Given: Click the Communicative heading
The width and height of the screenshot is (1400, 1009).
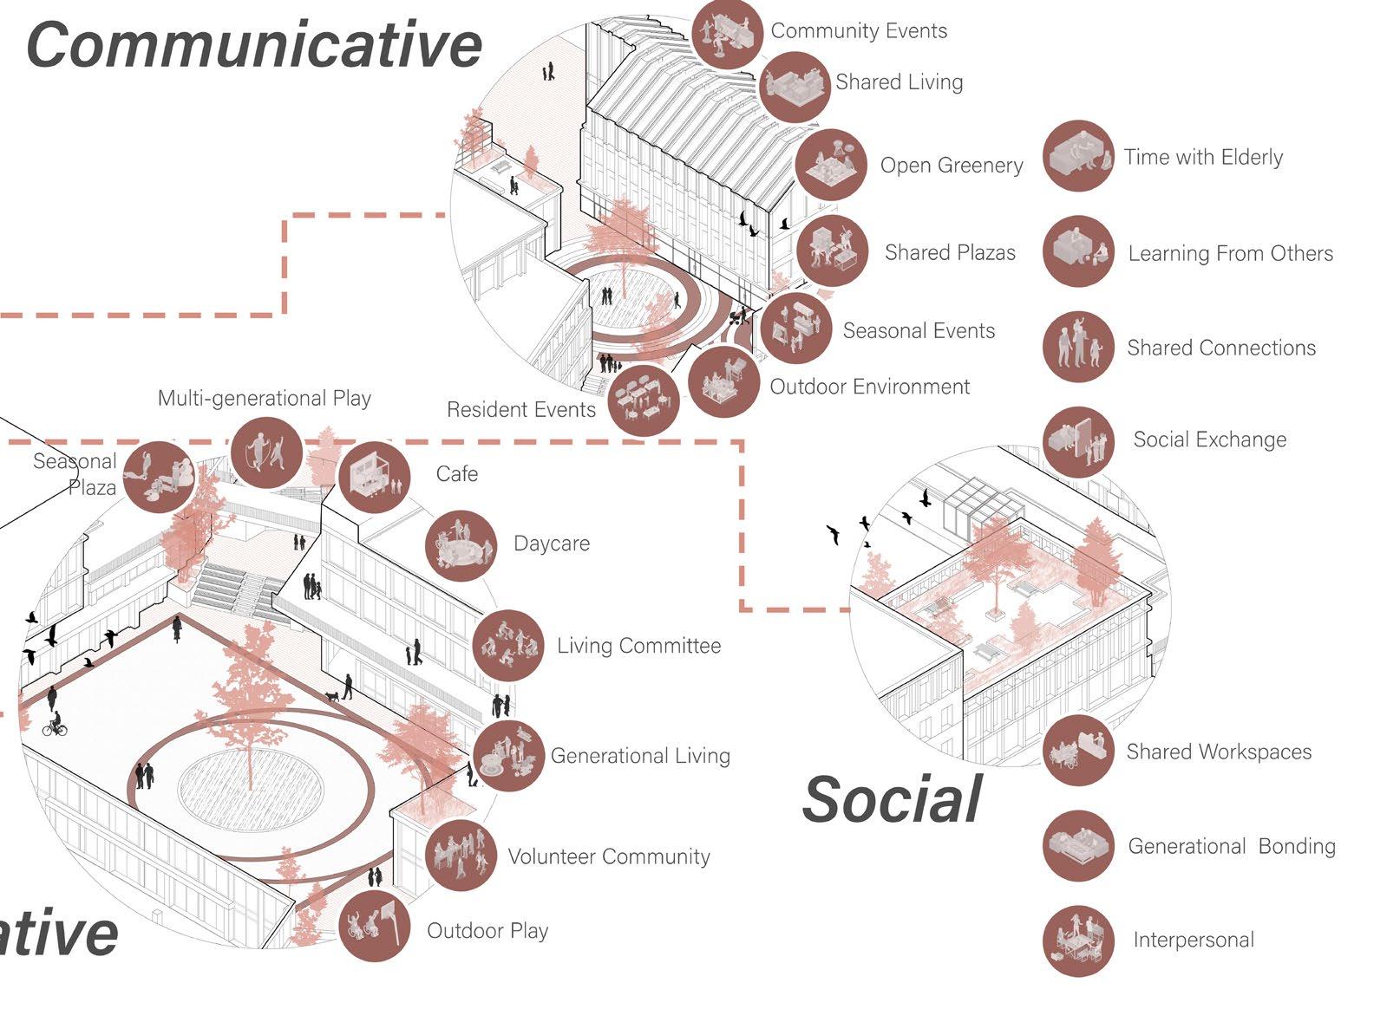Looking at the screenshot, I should coord(254,45).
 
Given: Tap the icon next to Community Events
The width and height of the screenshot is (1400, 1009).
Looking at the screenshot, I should coord(727,33).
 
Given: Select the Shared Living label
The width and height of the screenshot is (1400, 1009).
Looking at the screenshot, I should coord(899,82).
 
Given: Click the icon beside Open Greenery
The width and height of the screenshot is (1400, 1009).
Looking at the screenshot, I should coord(831,165).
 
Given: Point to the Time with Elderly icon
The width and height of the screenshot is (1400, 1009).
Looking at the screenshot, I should coord(1078,156).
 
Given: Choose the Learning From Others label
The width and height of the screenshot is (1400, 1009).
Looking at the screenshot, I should coord(1230,253).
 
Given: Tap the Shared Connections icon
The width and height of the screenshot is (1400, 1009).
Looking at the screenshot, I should coord(1078,347).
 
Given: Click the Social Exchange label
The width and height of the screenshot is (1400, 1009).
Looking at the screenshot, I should coord(1209,439).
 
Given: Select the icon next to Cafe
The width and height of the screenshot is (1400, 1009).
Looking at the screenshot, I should coord(374,476).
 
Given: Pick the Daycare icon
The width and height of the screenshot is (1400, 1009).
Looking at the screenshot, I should coord(461,545).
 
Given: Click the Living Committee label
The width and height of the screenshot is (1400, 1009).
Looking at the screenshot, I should coord(638,646).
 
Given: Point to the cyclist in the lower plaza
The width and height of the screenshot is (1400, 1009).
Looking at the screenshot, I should coord(56,724).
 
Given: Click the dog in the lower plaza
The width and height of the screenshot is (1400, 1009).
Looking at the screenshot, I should coord(332,696).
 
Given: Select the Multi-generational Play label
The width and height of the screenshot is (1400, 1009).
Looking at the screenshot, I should coord(264,398).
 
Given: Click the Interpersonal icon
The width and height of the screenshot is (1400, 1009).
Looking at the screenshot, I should coord(1078,941).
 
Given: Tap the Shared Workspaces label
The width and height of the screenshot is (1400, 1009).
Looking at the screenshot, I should coord(1218,752).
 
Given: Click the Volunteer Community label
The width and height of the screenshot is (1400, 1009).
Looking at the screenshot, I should coord(608,856).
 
